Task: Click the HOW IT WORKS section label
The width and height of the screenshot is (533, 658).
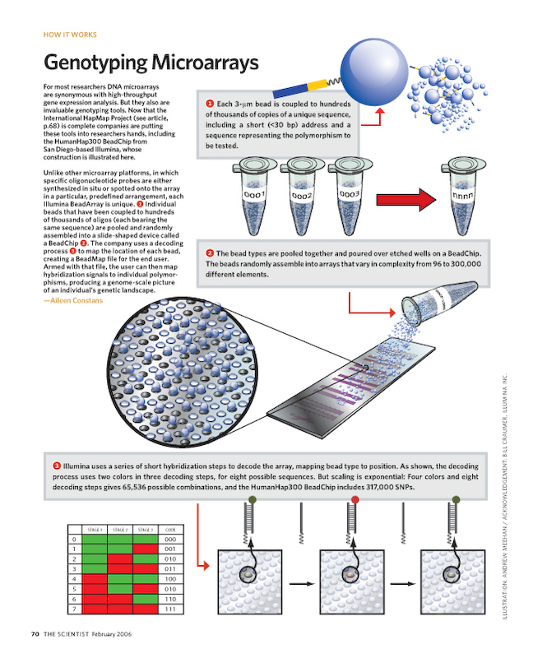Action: coord(69,35)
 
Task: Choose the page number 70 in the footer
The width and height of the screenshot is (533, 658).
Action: coord(35,633)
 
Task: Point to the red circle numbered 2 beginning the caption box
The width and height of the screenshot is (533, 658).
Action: coord(210,253)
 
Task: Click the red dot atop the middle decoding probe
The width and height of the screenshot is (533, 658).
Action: coord(355,499)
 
